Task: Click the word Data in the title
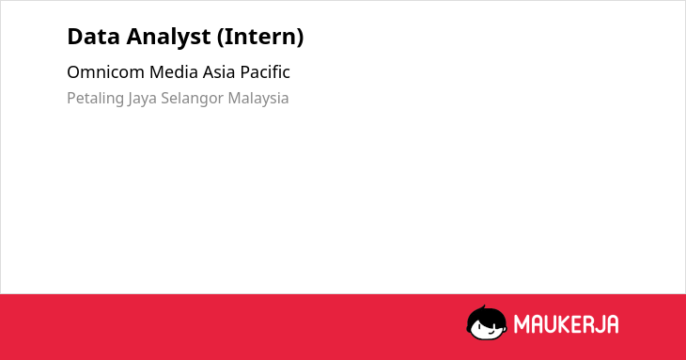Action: coord(93,37)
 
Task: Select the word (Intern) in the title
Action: coord(260,37)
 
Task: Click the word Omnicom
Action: coord(105,72)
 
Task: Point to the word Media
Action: coord(173,72)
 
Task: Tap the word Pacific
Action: coord(265,72)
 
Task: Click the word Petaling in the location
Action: coord(95,99)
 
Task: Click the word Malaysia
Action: coord(258,99)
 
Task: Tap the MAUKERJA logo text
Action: coord(566,324)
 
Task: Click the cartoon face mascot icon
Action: coord(487,322)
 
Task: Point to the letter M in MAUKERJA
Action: coord(521,324)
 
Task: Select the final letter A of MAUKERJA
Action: coord(613,324)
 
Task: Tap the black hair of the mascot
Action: coord(486,314)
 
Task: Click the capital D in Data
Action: coord(74,37)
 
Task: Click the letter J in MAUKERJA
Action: coord(599,324)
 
